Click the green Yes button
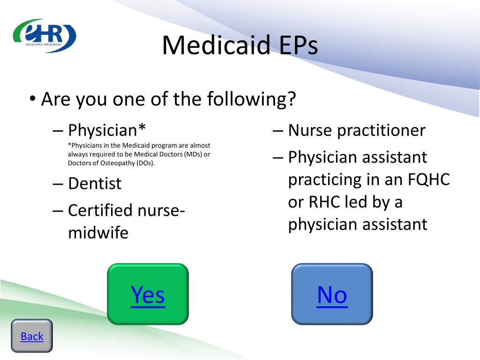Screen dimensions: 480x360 [x=148, y=294]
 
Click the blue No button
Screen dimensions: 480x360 [x=332, y=294]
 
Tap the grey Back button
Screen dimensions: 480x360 [x=32, y=336]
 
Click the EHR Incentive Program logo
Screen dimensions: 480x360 [x=45, y=36]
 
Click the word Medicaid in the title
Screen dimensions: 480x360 [x=216, y=45]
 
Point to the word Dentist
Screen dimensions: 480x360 [x=95, y=184]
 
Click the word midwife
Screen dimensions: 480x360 [x=98, y=232]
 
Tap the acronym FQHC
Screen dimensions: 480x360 [x=428, y=180]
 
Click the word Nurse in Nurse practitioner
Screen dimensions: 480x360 [x=310, y=130]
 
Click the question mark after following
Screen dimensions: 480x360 [x=292, y=98]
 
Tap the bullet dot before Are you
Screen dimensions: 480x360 [x=32, y=99]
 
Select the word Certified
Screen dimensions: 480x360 [x=100, y=210]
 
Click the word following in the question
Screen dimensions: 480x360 [x=247, y=99]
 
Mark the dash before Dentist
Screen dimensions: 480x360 [x=58, y=184]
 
